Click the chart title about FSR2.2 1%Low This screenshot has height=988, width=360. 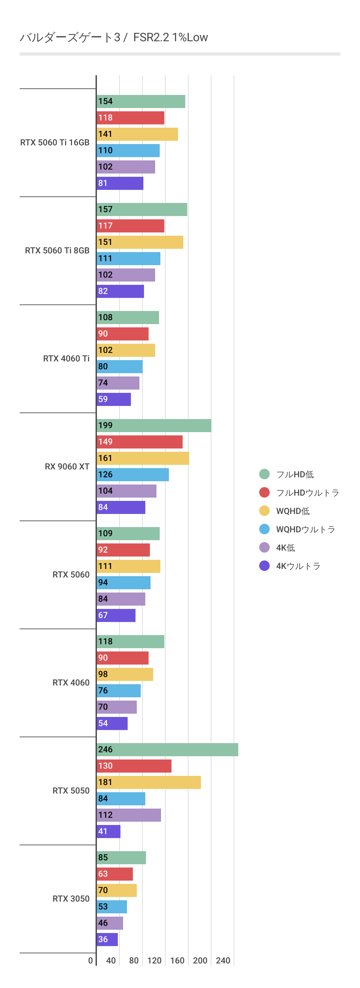[114, 37]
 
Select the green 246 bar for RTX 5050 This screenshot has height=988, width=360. [167, 749]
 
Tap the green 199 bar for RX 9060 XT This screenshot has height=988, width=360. [154, 425]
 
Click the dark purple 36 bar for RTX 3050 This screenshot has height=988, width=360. [107, 939]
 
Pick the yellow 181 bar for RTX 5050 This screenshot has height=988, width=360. [149, 782]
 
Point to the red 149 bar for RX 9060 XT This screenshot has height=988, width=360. [139, 442]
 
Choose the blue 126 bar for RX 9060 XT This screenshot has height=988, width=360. [133, 474]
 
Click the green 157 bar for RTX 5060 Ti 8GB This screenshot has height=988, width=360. [142, 210]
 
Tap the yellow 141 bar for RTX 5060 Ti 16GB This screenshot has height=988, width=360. [137, 134]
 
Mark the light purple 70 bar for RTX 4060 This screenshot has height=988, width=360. [117, 707]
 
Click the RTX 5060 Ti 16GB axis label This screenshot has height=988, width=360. [55, 143]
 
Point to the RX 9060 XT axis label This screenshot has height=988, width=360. [67, 467]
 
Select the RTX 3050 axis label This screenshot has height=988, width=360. [71, 899]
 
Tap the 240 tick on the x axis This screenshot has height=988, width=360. [223, 961]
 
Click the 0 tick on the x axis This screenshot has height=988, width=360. [90, 961]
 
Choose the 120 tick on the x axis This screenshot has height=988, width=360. [154, 961]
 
